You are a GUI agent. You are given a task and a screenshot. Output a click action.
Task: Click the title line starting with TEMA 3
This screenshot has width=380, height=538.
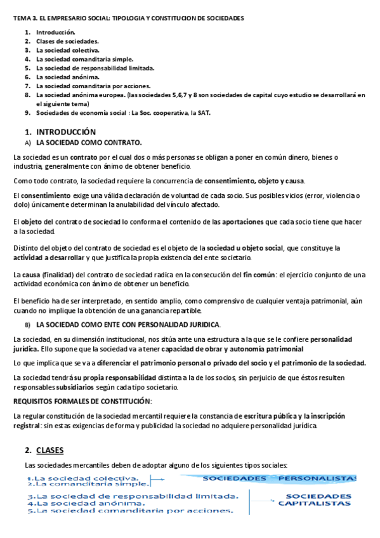pos(129,18)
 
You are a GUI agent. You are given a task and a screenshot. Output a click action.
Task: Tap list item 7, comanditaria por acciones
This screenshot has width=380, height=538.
pos(93,85)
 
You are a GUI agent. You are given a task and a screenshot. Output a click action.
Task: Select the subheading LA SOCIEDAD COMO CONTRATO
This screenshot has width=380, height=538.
pos(89,143)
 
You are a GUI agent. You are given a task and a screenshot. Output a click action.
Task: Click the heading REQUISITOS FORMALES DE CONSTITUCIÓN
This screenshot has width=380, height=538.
pos(82,401)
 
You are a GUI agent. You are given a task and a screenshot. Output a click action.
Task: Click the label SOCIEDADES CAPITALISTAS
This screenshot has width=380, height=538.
pos(315,499)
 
